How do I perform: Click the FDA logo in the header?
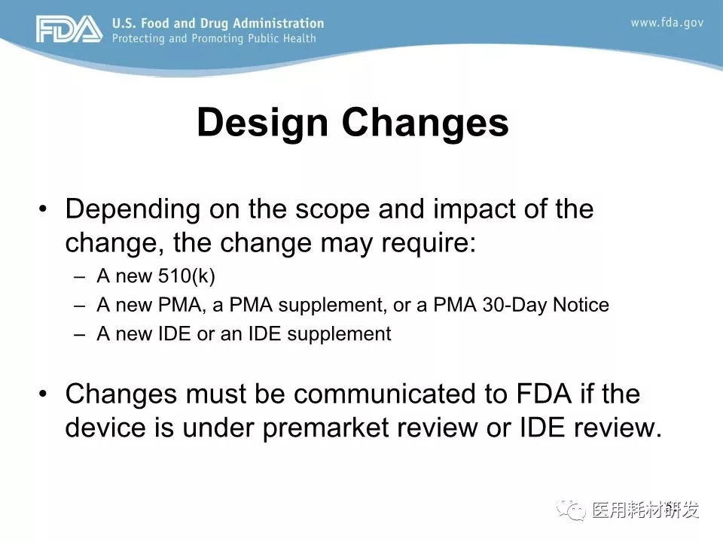click(69, 29)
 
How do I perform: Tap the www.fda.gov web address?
click(667, 23)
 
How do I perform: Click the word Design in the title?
click(262, 123)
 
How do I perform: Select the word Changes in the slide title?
click(425, 123)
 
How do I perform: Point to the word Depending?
click(133, 210)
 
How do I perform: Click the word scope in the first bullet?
click(332, 210)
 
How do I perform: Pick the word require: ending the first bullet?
click(429, 244)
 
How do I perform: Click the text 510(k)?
click(187, 276)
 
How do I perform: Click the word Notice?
click(581, 305)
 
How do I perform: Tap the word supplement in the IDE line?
click(339, 334)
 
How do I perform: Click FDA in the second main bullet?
click(544, 394)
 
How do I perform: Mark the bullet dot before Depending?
click(43, 209)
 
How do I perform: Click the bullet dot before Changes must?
click(43, 394)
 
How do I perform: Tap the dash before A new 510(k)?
click(79, 277)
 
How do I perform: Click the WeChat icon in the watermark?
click(571, 510)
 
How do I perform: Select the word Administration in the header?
click(279, 23)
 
